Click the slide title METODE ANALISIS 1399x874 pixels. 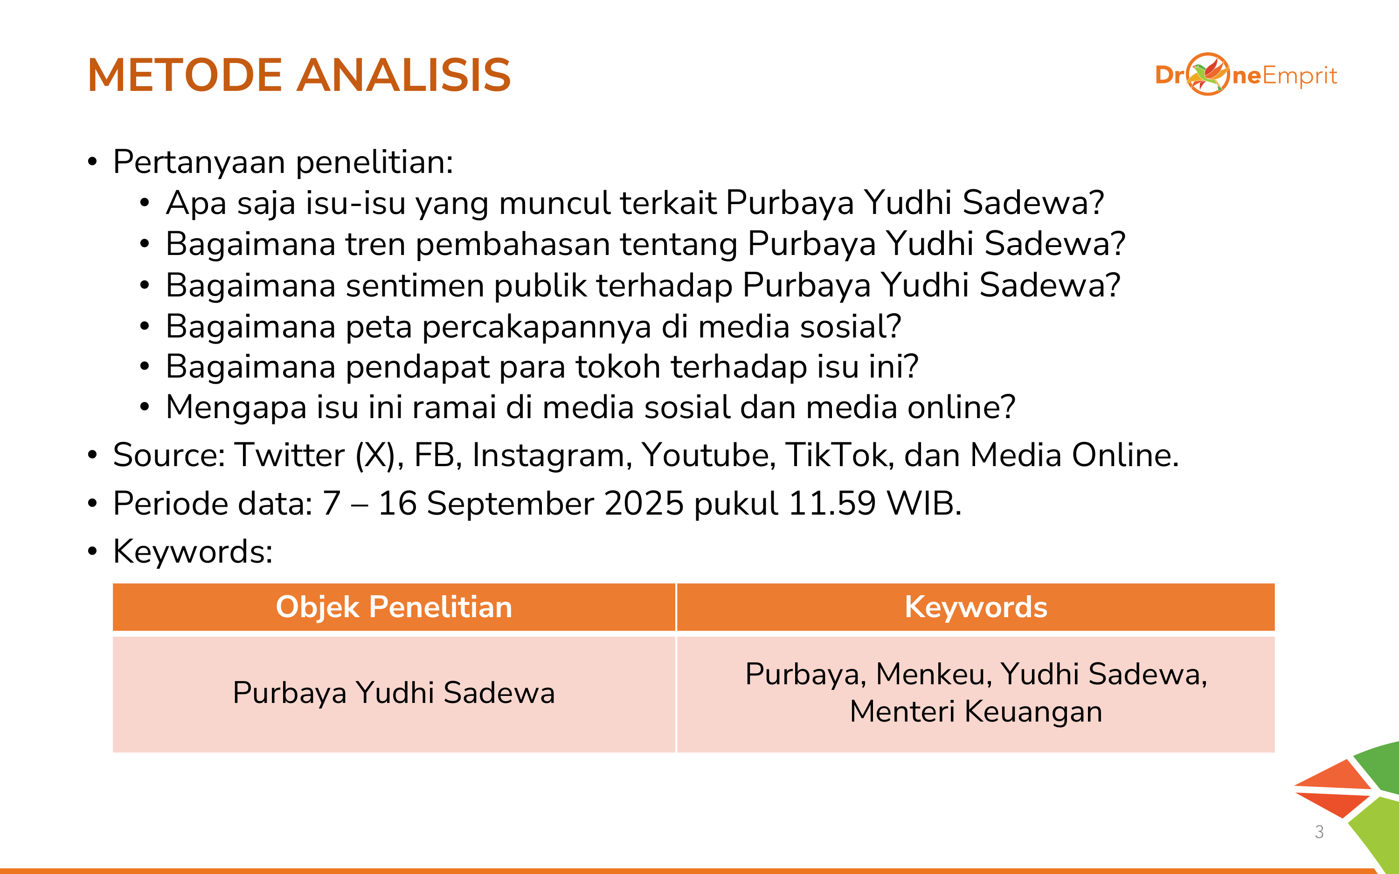pyautogui.click(x=299, y=75)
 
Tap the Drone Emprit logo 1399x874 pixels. pyautogui.click(x=1246, y=75)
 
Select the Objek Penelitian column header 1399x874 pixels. pyautogui.click(x=394, y=607)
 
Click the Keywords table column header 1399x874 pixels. pyautogui.click(x=976, y=607)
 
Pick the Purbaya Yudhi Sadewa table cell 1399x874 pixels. pyautogui.click(x=394, y=693)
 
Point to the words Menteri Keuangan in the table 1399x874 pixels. pyautogui.click(x=976, y=712)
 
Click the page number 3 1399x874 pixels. pyautogui.click(x=1319, y=832)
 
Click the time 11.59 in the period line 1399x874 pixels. pyautogui.click(x=832, y=503)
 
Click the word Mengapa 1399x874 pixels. pyautogui.click(x=236, y=408)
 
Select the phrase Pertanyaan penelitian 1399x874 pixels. pyautogui.click(x=283, y=162)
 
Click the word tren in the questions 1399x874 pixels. pyautogui.click(x=376, y=244)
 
